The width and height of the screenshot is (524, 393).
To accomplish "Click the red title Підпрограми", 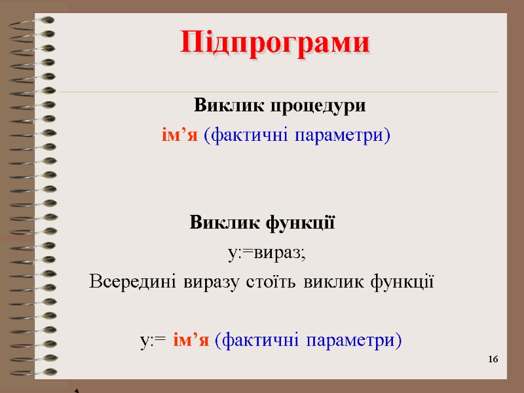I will click(x=275, y=43).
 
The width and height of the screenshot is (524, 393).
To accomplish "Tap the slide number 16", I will click(x=493, y=360).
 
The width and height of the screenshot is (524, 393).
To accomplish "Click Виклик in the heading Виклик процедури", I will click(x=220, y=105).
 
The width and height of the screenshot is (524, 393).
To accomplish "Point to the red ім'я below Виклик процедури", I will click(x=179, y=136).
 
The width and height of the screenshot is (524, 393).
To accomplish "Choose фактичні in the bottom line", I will click(x=255, y=341).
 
